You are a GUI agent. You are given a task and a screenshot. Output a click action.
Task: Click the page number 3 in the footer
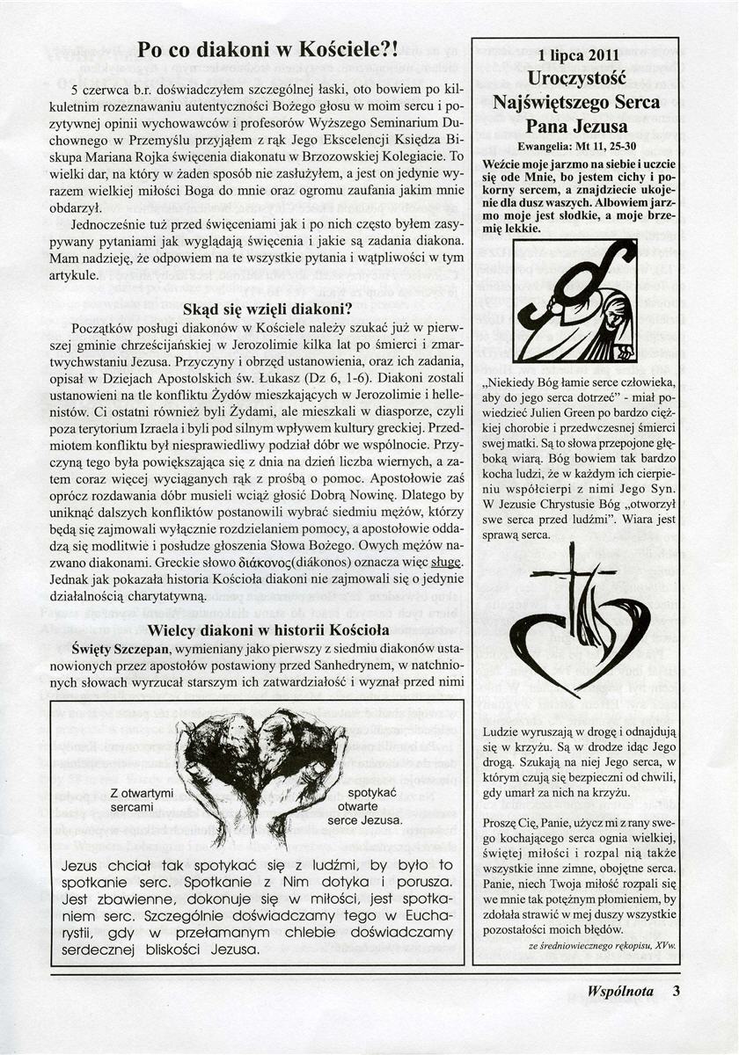[x=677, y=992]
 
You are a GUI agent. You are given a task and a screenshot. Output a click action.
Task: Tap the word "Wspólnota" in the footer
[x=620, y=992]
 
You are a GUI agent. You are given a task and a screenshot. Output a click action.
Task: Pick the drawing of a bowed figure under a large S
[x=576, y=301]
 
